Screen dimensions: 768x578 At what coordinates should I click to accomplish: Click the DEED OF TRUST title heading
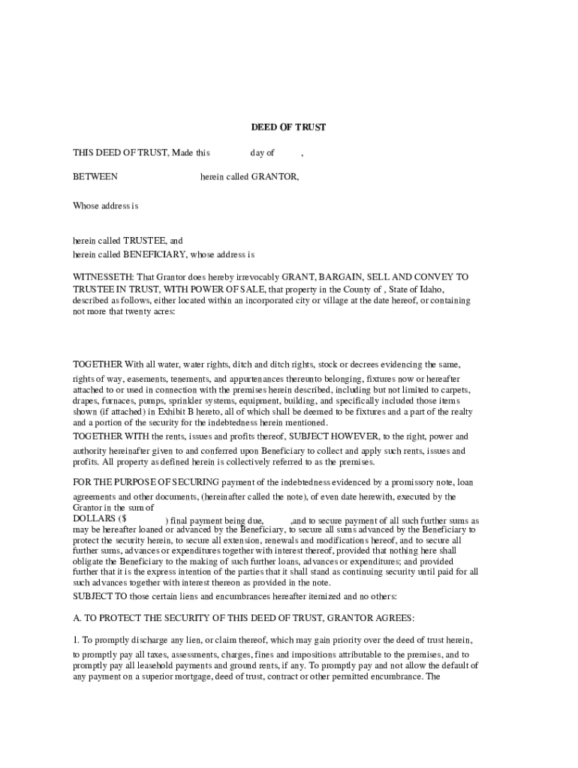coord(288,127)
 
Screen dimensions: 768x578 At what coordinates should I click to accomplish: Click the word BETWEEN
coord(95,177)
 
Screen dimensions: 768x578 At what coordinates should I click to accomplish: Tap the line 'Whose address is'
coord(106,205)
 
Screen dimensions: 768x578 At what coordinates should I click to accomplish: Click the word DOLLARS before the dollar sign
coord(94,518)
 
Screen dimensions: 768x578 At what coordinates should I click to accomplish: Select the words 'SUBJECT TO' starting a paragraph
coord(96,596)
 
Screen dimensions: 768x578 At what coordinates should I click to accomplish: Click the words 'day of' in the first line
coord(262,153)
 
